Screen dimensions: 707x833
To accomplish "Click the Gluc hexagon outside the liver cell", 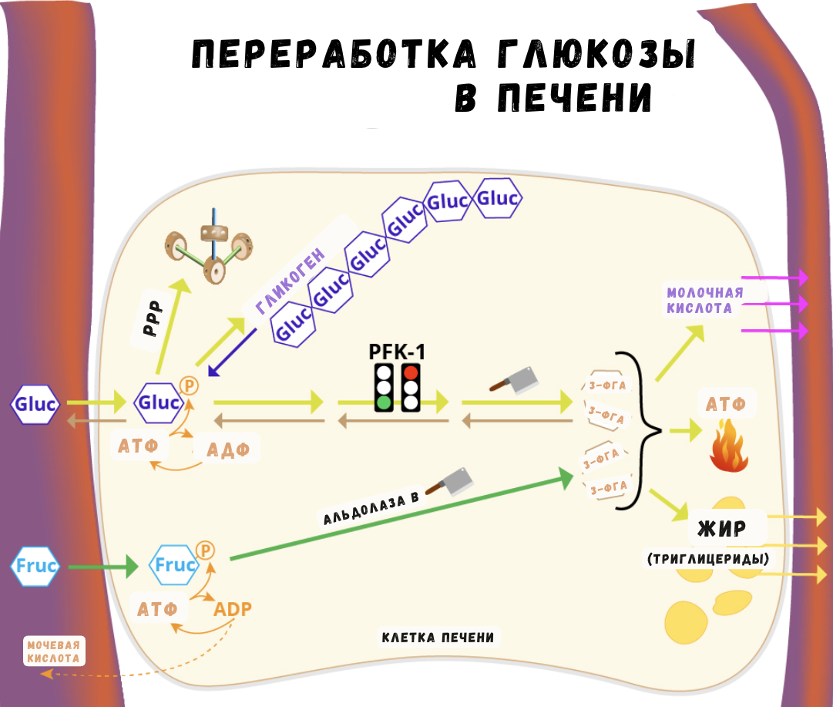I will [35, 403].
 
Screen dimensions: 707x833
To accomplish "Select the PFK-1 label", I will [398, 352].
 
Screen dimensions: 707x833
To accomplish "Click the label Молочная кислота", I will [704, 301].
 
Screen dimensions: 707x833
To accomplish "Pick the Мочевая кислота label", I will [53, 651].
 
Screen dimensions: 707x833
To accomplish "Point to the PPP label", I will [155, 318].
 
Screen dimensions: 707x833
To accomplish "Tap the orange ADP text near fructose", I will [233, 608].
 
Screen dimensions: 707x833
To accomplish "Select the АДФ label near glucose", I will [229, 448].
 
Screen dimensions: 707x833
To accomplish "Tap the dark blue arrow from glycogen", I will [232, 354].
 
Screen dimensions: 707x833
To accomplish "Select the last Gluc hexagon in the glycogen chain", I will [498, 199].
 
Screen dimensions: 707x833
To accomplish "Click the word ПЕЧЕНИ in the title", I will [553, 98].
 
